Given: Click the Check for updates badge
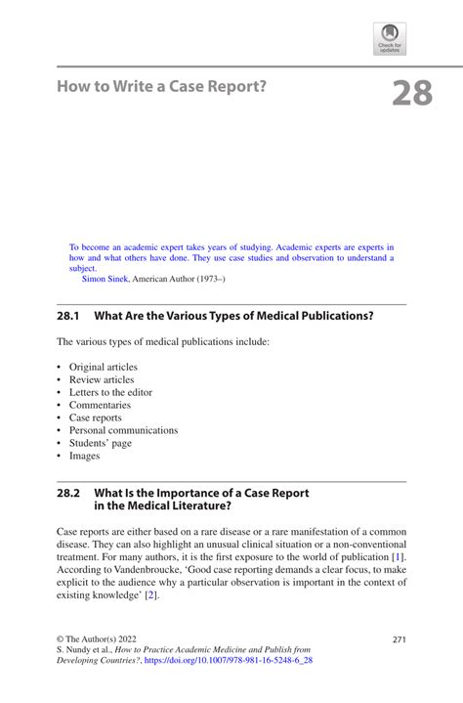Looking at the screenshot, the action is tap(390, 39).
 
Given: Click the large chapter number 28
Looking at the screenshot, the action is tap(411, 93).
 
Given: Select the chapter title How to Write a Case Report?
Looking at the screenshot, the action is tap(161, 87).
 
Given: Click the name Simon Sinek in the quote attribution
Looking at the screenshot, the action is tap(105, 279).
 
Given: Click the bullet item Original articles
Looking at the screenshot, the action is tap(103, 367).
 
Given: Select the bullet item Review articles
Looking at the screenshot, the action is tap(102, 379).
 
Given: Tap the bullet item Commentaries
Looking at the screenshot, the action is tap(100, 405).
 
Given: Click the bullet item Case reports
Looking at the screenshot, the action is tap(96, 417).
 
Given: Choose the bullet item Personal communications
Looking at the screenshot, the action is tap(123, 430).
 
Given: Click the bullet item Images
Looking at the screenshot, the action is tap(84, 456).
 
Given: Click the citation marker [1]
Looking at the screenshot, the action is tap(398, 555).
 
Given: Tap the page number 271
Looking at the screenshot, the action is tap(399, 639).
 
